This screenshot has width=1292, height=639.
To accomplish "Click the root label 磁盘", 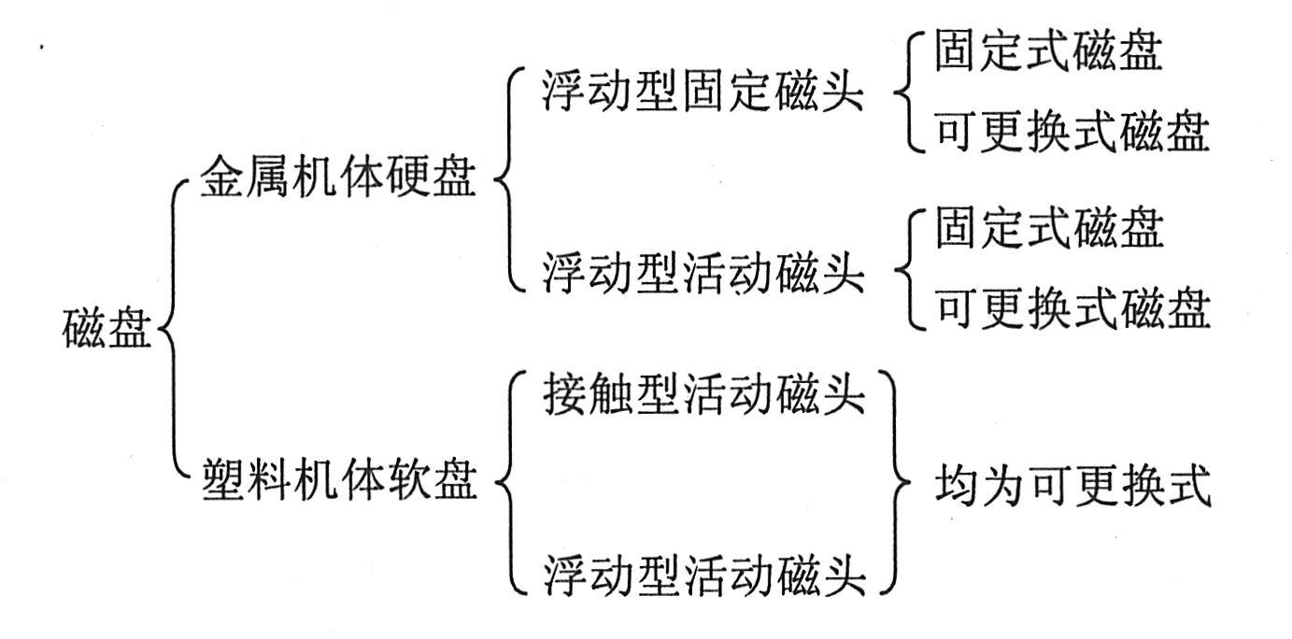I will coord(106,332).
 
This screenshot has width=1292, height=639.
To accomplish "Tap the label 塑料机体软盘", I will coord(338,483).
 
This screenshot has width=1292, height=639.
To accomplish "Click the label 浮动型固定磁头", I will coord(703,95).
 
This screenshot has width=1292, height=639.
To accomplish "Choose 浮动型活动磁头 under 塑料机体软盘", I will coord(703,575).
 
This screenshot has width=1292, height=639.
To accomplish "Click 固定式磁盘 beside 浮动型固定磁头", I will coord(1049,54).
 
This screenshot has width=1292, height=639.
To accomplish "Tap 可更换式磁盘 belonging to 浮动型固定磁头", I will coord(1072,134).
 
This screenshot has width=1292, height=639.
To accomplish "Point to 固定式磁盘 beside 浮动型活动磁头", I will coord(1049,230).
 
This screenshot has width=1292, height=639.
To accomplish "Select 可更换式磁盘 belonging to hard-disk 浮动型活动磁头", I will coord(1072,309).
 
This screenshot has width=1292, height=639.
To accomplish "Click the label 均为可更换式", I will coord(1072,487).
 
